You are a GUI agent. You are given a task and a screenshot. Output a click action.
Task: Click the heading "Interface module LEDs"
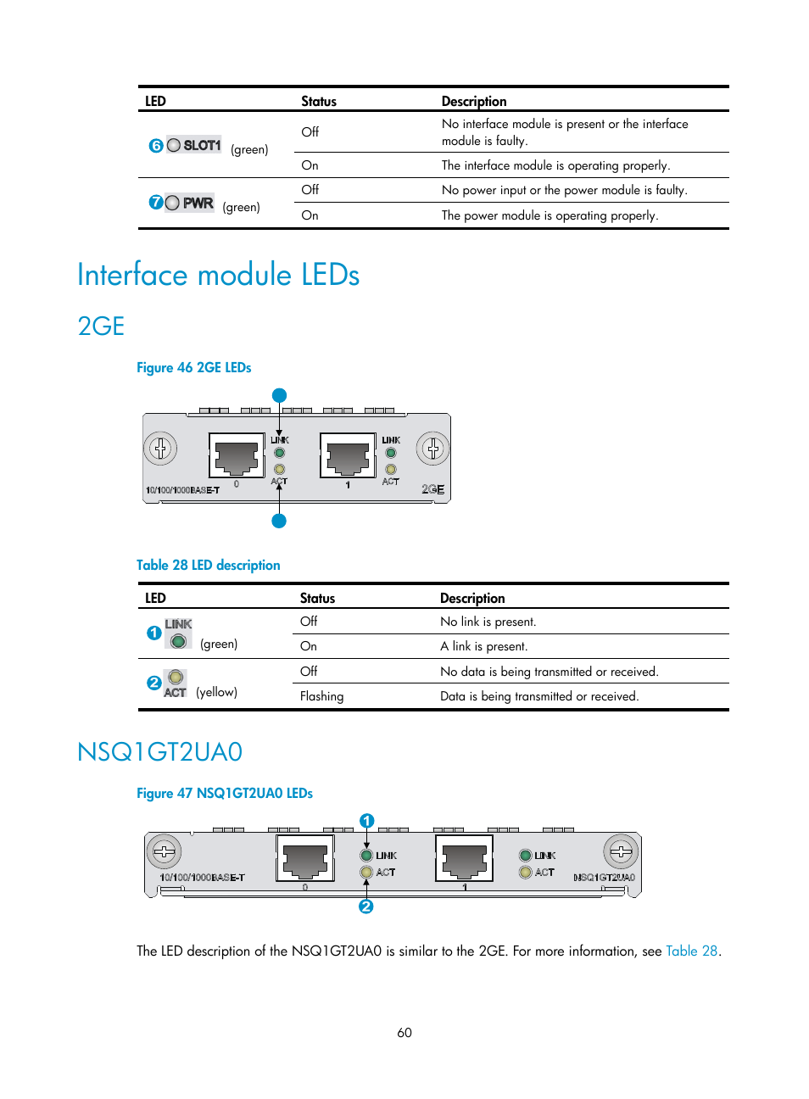click(218, 275)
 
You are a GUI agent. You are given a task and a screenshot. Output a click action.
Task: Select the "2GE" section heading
click(101, 326)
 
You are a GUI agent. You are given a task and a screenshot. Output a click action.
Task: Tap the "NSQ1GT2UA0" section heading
click(159, 752)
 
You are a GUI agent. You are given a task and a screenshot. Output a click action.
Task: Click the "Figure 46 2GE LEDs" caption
click(193, 367)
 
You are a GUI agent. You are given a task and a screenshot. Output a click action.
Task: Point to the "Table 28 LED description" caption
click(208, 565)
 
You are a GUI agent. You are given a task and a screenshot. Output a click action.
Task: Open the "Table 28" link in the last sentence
click(692, 951)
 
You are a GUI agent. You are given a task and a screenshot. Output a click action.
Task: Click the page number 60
click(404, 1032)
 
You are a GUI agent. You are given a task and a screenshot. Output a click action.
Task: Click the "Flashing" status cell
click(322, 696)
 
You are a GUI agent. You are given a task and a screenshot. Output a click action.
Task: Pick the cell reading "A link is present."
click(483, 646)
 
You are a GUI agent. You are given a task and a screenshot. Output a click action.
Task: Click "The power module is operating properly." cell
click(550, 215)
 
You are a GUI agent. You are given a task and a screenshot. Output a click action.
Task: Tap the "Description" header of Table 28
click(472, 598)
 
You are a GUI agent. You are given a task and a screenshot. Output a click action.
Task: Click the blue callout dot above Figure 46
click(279, 395)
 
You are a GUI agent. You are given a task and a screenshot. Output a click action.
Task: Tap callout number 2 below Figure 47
click(366, 907)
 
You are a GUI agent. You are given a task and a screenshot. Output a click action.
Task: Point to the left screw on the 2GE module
click(160, 448)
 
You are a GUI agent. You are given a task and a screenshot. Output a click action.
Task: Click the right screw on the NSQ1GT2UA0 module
click(621, 851)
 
